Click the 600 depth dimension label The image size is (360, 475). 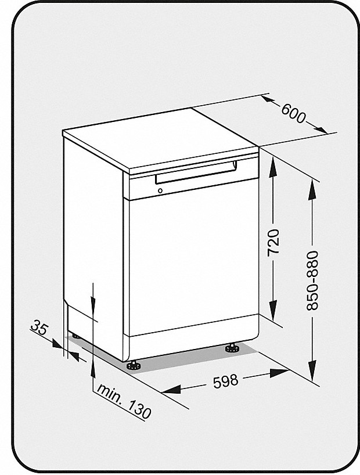293,114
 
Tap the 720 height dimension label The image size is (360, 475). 273,242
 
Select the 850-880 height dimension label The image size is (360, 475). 312,280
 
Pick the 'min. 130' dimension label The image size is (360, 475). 124,401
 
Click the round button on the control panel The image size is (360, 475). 160,191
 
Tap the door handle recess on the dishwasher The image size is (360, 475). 196,172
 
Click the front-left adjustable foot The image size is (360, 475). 134,365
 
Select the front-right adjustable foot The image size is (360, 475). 232,348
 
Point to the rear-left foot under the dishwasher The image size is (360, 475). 75,336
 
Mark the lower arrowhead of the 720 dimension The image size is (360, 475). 273,310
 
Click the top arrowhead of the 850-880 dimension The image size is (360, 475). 312,190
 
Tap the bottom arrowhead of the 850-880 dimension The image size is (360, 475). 312,370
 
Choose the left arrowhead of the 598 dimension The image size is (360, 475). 171,388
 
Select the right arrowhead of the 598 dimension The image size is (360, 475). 279,373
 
